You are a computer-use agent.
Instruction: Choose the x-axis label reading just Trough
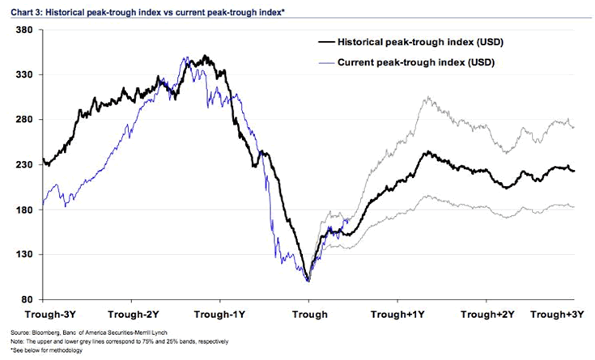pyautogui.click(x=309, y=314)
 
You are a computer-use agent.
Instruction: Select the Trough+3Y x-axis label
pyautogui.click(x=559, y=314)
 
